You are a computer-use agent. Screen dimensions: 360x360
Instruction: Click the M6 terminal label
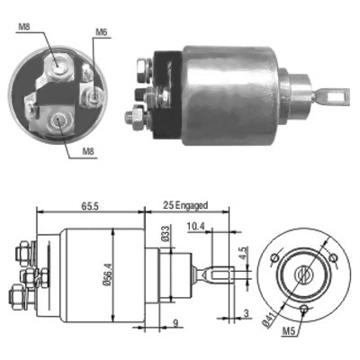[102, 32]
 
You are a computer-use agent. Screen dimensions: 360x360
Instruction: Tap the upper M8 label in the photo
[24, 26]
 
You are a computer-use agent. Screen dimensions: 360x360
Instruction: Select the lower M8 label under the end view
[88, 151]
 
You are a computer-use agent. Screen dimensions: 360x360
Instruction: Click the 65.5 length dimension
[90, 206]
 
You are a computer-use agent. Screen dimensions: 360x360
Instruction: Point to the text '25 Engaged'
[185, 205]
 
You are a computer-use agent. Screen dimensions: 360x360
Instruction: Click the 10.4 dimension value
[195, 226]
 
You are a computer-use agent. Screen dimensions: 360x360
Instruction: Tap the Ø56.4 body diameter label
[108, 275]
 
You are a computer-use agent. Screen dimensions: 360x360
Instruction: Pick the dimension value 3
[246, 313]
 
